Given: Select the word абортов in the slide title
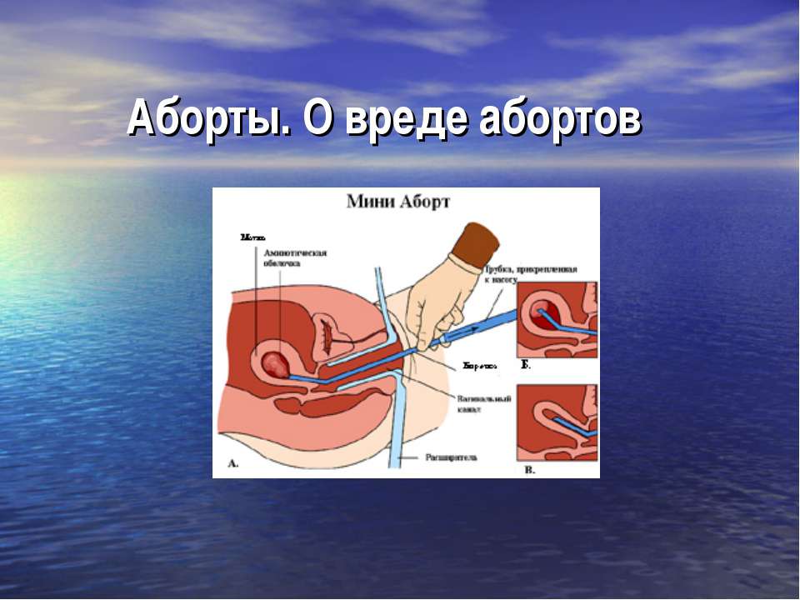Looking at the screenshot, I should pos(559,120).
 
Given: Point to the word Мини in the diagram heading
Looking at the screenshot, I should pos(370,201).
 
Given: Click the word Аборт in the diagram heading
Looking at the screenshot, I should pos(424,201).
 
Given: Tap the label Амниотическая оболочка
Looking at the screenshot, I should pos(294,257).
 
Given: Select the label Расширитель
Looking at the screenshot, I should pos(451,457).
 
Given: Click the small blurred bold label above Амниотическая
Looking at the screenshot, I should pos(252,237).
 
